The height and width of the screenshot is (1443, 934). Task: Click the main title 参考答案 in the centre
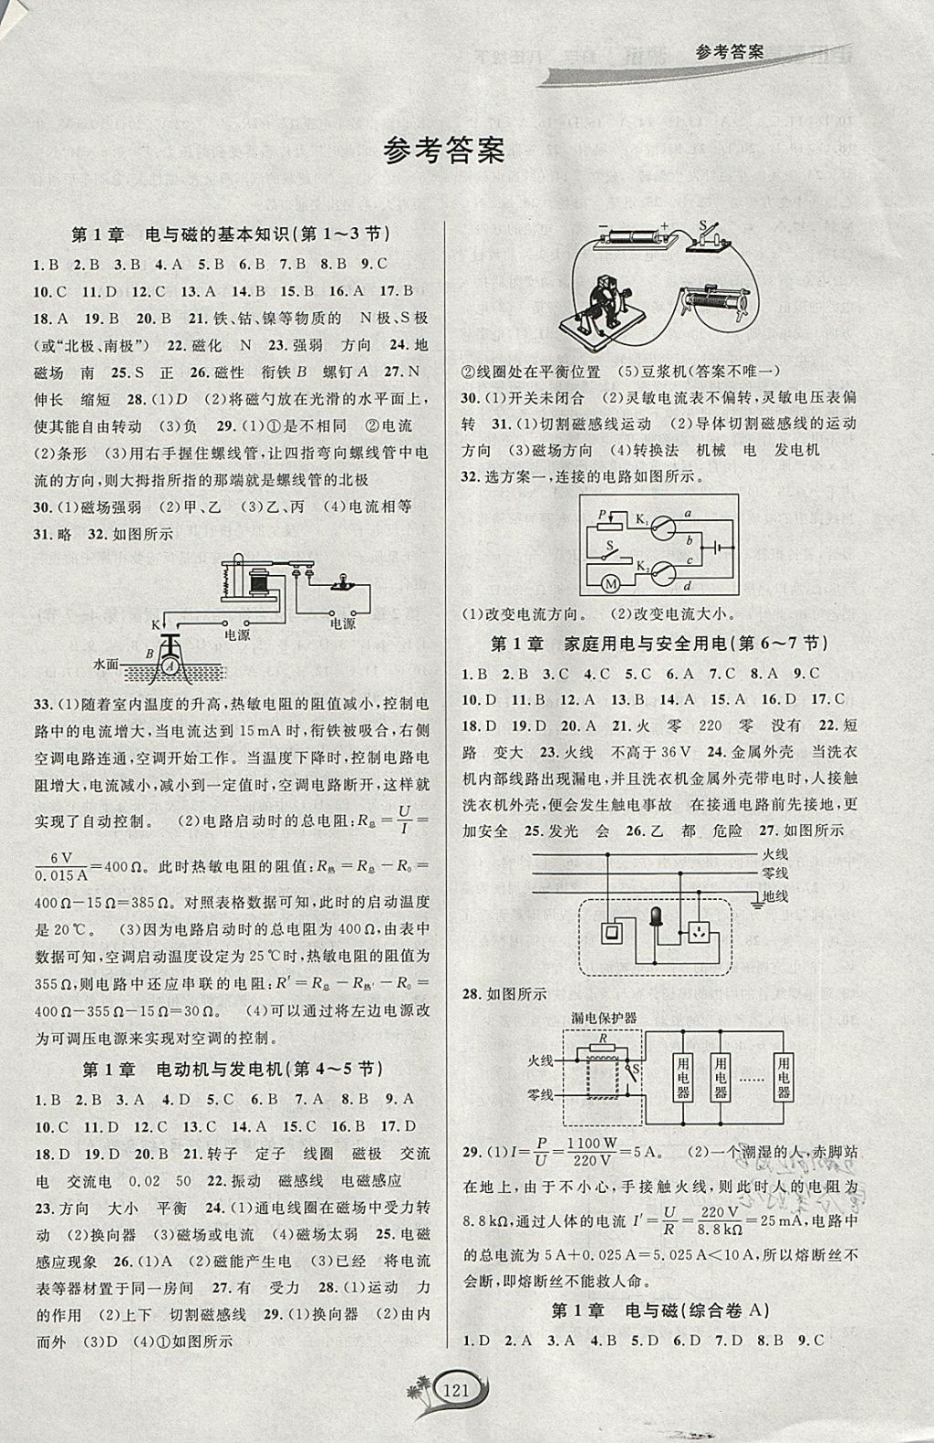click(x=444, y=150)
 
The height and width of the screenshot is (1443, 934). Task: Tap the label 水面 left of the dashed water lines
click(x=106, y=664)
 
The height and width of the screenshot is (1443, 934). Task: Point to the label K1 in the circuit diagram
click(x=642, y=520)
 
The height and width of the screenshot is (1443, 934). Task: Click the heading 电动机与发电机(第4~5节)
click(x=232, y=1069)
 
